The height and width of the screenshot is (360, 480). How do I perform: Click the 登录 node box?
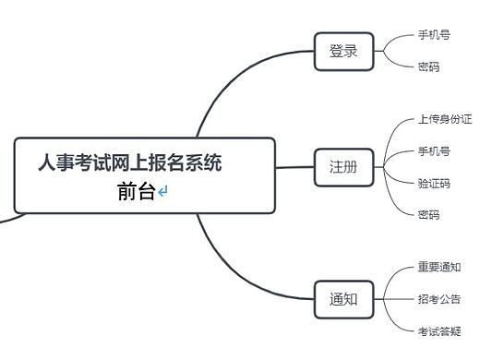coord(343,52)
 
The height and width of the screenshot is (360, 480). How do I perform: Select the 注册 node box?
coord(343,167)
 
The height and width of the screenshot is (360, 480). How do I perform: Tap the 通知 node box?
coord(343,299)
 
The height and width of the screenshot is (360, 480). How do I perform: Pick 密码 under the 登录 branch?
coord(428,66)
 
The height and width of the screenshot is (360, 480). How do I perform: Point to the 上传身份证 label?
coord(445,120)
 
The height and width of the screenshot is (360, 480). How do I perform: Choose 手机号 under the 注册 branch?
coord(434,150)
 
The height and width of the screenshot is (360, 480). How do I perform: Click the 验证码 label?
coord(434,183)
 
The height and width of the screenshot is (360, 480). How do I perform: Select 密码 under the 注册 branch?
coord(428,214)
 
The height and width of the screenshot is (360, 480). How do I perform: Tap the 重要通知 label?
coord(439,268)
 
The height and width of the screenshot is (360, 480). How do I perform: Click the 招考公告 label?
coord(439,299)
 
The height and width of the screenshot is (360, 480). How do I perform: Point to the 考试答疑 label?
coord(439,330)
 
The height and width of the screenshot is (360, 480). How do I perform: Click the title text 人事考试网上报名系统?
coord(129,164)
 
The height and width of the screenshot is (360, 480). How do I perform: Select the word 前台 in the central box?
coord(136,192)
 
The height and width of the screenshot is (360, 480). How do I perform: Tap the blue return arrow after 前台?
coord(163,192)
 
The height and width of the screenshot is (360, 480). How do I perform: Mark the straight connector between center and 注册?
coord(295,167)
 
